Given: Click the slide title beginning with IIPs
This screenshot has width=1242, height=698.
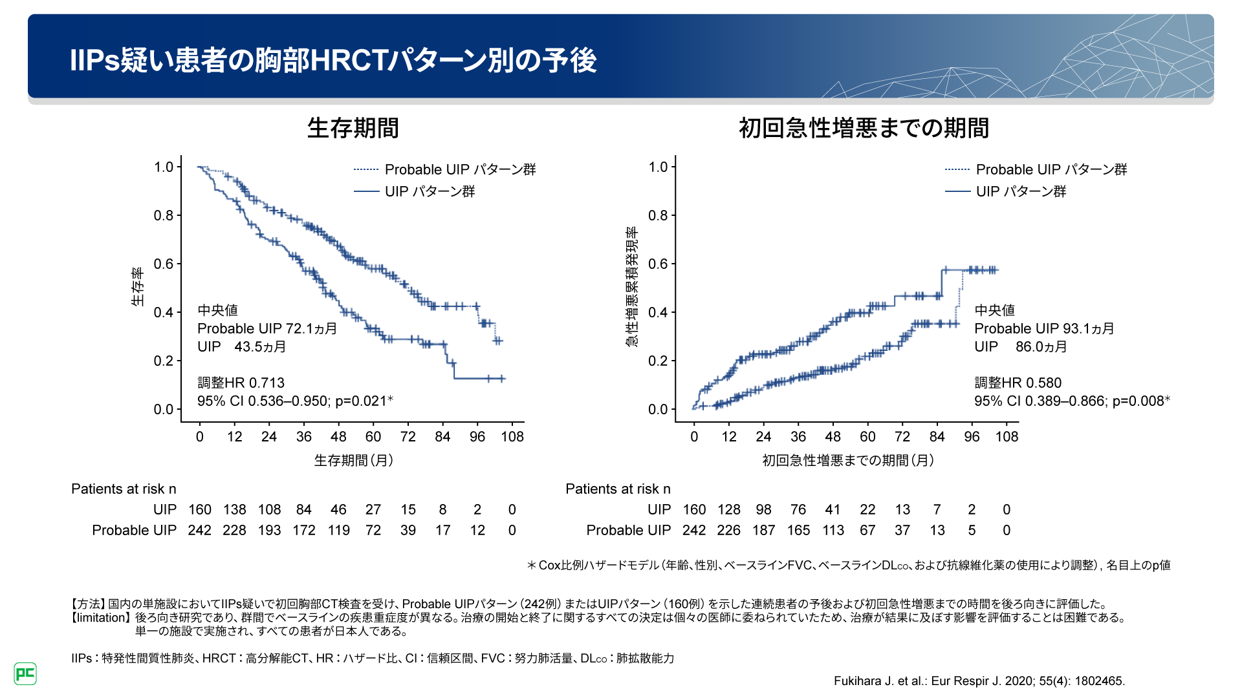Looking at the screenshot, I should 333,60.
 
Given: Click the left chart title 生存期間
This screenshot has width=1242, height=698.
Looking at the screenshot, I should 353,128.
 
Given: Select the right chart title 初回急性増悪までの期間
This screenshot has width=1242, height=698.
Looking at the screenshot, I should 864,128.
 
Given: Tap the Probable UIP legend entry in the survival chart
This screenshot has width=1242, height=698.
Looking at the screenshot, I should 459,169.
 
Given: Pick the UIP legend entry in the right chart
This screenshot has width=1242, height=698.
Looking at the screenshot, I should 1020,191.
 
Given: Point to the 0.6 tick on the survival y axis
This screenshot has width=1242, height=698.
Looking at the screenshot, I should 164,264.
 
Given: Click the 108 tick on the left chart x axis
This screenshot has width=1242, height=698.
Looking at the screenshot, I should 512,437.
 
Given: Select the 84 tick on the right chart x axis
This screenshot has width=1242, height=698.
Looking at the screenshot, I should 937,437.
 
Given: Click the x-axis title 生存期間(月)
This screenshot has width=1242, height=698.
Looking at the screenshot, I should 354,460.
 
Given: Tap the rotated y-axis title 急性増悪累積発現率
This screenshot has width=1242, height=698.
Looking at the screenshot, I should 632,287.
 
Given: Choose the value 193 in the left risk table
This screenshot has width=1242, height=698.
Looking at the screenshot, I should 269,531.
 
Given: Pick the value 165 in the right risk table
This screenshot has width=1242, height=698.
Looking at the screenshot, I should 798,531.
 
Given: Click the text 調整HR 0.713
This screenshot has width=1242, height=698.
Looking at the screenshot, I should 241,383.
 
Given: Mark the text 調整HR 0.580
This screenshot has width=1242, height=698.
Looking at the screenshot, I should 1018,383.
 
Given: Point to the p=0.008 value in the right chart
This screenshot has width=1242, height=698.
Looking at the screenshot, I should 1140,401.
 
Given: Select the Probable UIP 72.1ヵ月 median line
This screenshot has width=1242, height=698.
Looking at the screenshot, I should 267,328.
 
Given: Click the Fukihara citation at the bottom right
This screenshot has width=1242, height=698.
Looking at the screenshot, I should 979,681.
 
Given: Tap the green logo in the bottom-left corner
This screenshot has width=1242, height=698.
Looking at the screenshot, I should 25,673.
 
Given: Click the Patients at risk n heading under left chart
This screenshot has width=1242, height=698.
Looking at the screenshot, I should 124,489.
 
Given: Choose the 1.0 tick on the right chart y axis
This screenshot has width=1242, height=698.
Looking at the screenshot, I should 658,167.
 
